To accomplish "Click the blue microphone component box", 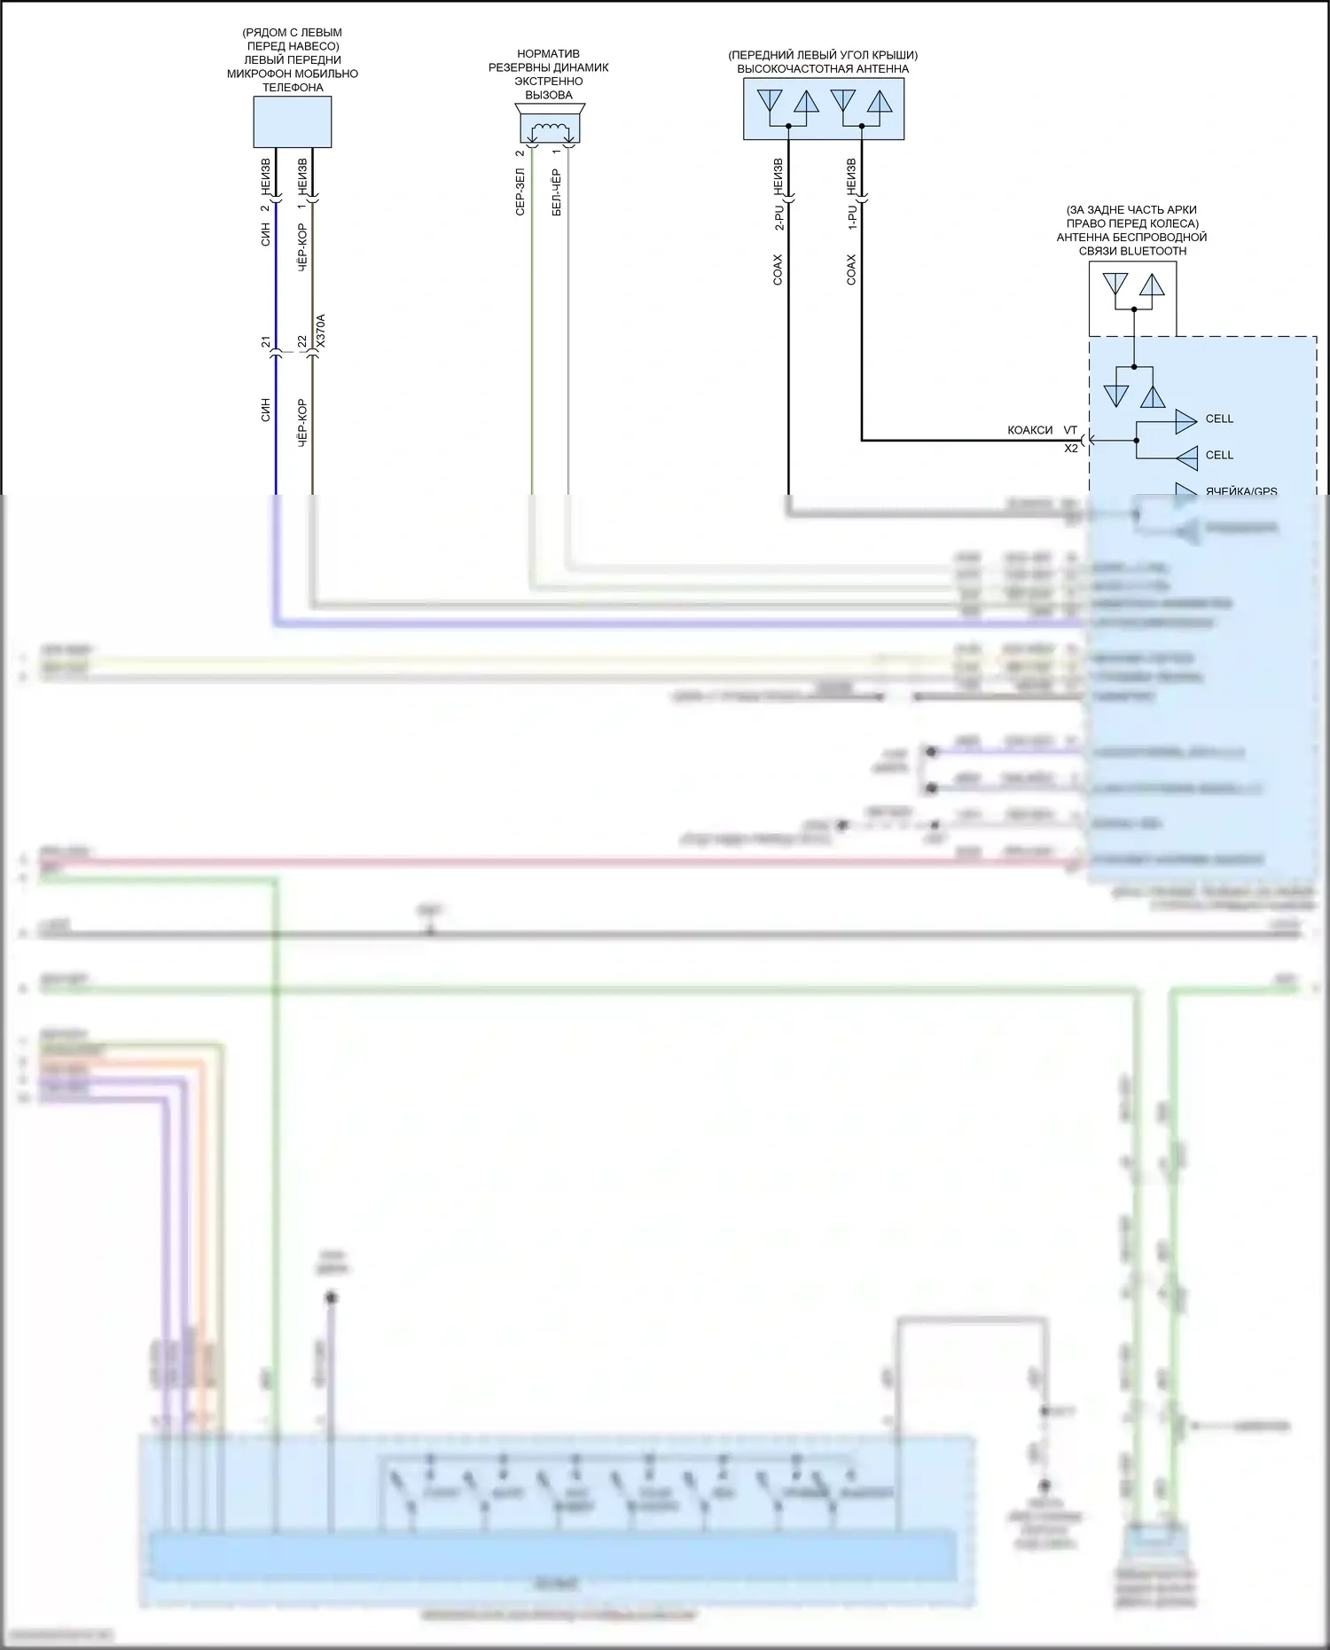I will tap(293, 121).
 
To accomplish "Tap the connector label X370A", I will tap(321, 330).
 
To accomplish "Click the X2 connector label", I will tap(1071, 449).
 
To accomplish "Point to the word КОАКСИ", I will tap(1029, 430).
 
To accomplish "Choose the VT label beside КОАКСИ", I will tap(1070, 430).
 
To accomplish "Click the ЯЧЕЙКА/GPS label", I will tap(1240, 491).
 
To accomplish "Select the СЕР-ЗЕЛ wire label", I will tap(520, 192).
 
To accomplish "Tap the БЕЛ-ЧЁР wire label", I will tap(557, 192).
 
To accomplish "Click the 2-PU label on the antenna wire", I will tap(778, 217).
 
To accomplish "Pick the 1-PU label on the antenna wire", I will tap(852, 217).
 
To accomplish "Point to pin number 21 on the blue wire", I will tap(265, 341).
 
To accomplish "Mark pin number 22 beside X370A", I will tap(302, 341).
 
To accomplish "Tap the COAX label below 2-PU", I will tap(778, 270).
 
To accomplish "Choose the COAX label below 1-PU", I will tap(852, 270).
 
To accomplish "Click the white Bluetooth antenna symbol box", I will tap(1132, 299).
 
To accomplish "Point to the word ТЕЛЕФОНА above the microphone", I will tap(293, 88).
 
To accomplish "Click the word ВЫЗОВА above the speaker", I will tap(549, 95).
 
